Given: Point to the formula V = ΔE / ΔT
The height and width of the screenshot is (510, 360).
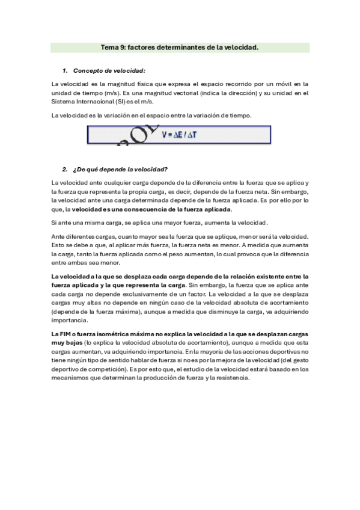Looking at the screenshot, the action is [179, 135].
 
